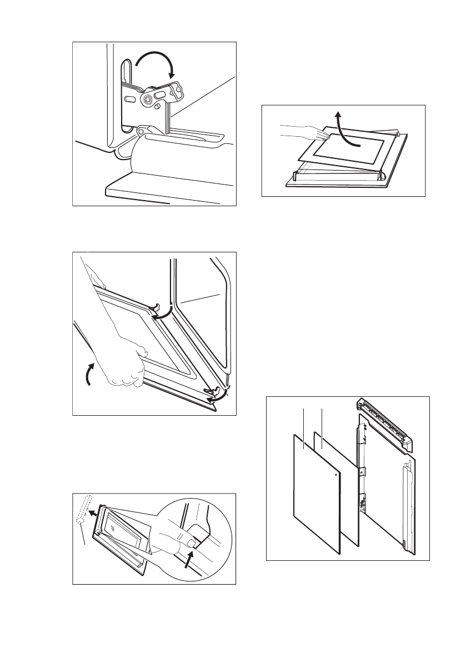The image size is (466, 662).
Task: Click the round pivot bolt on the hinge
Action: coord(148,99)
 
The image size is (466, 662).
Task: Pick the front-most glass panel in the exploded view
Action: coord(315,495)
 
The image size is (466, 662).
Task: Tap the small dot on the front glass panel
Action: coord(337,476)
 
